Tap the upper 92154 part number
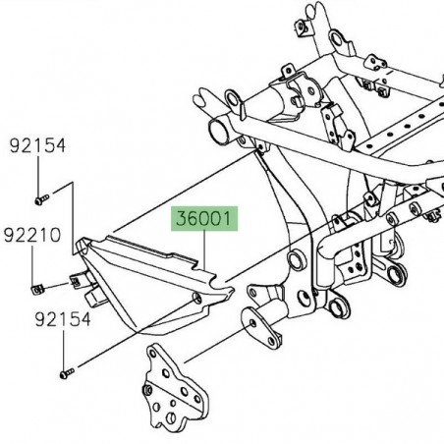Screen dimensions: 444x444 pos(38,145)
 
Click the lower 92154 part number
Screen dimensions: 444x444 pos(38,319)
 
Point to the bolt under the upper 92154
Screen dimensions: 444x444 pos(39,199)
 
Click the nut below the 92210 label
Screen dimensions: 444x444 pos(35,288)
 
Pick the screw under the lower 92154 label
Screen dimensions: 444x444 pos(66,372)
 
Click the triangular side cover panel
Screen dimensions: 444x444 pos(147,279)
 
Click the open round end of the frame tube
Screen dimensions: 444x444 pos(217,132)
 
